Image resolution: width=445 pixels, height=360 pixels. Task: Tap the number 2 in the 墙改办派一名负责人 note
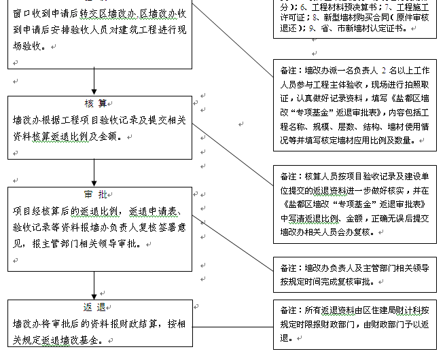coord(385,70)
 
